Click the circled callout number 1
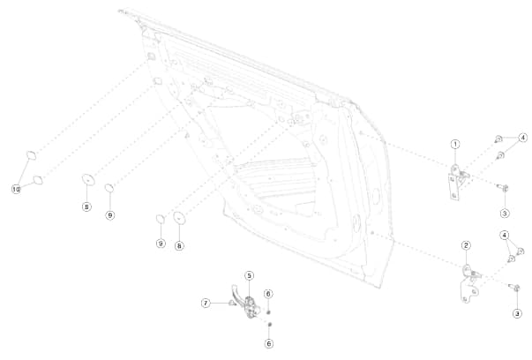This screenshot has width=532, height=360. pos(455,144)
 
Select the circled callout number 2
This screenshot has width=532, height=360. pos(466,244)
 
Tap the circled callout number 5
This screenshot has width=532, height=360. pos(250,276)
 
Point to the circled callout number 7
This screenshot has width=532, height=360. pos(206,303)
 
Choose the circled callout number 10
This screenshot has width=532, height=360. pos(16,189)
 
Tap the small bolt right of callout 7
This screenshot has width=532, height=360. pos(232,303)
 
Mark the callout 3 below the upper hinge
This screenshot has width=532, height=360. pos(505,213)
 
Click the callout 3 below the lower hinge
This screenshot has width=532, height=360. pos(517,313)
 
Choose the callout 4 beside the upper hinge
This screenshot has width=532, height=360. pos(522,138)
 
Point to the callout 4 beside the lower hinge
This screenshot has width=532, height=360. pos(505,235)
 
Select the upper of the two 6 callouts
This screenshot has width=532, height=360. pos(269,293)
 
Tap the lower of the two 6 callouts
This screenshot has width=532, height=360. pos(269,342)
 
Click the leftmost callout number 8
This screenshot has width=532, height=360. pos(86,206)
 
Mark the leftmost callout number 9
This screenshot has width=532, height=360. pos(110,214)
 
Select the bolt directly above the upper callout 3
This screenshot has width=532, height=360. pos(504,187)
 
